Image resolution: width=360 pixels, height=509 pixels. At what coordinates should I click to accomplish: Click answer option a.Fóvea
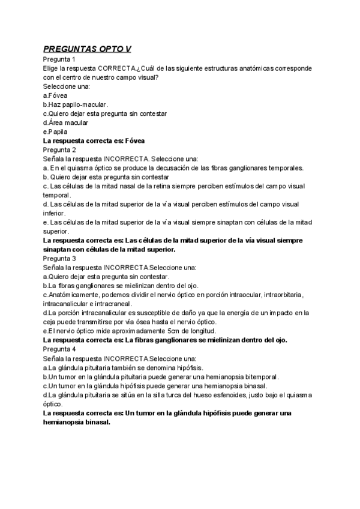[55, 95]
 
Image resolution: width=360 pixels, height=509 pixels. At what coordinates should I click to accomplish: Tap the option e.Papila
[55, 131]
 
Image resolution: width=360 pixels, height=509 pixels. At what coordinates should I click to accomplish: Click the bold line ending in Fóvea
[94, 140]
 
